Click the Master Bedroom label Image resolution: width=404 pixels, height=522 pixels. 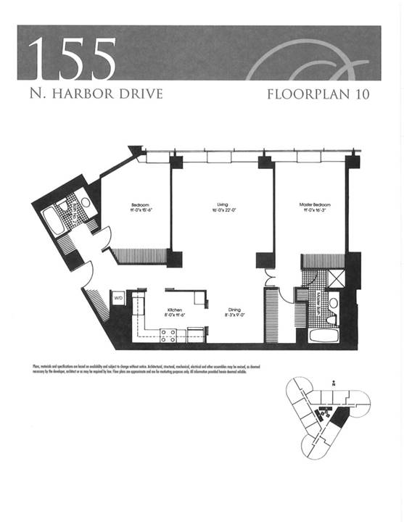pyautogui.click(x=315, y=207)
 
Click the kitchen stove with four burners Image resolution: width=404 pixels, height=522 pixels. pyautogui.click(x=168, y=335)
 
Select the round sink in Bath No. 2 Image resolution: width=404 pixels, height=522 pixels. pyautogui.click(x=85, y=204)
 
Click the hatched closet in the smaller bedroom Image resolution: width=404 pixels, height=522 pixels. pyautogui.click(x=138, y=255)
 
